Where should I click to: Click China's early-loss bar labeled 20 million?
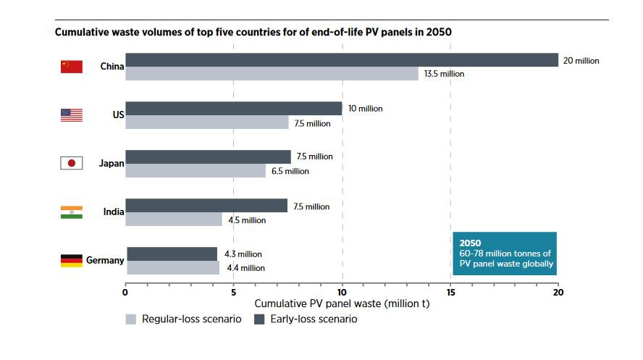(x=342, y=60)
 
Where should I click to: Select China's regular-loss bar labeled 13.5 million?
(x=272, y=74)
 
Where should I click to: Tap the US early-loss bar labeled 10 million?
(x=233, y=109)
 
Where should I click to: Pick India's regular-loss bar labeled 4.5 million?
(x=174, y=219)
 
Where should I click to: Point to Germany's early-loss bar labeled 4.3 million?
(x=172, y=254)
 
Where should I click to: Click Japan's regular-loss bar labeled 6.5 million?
(x=196, y=171)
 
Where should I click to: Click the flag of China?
(x=71, y=67)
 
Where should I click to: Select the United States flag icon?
(x=71, y=115)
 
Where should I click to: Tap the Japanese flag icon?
(x=71, y=163)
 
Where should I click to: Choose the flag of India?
(x=71, y=212)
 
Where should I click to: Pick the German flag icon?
(x=71, y=261)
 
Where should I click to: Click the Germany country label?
(x=105, y=261)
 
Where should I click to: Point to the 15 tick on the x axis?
(x=450, y=293)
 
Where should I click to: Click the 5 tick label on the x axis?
(x=233, y=293)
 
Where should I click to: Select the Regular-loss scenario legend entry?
(x=184, y=319)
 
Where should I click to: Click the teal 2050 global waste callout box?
(x=505, y=254)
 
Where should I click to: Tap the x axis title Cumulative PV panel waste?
(x=342, y=304)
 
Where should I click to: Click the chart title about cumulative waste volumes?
(x=254, y=33)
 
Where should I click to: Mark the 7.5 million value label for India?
(x=311, y=206)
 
